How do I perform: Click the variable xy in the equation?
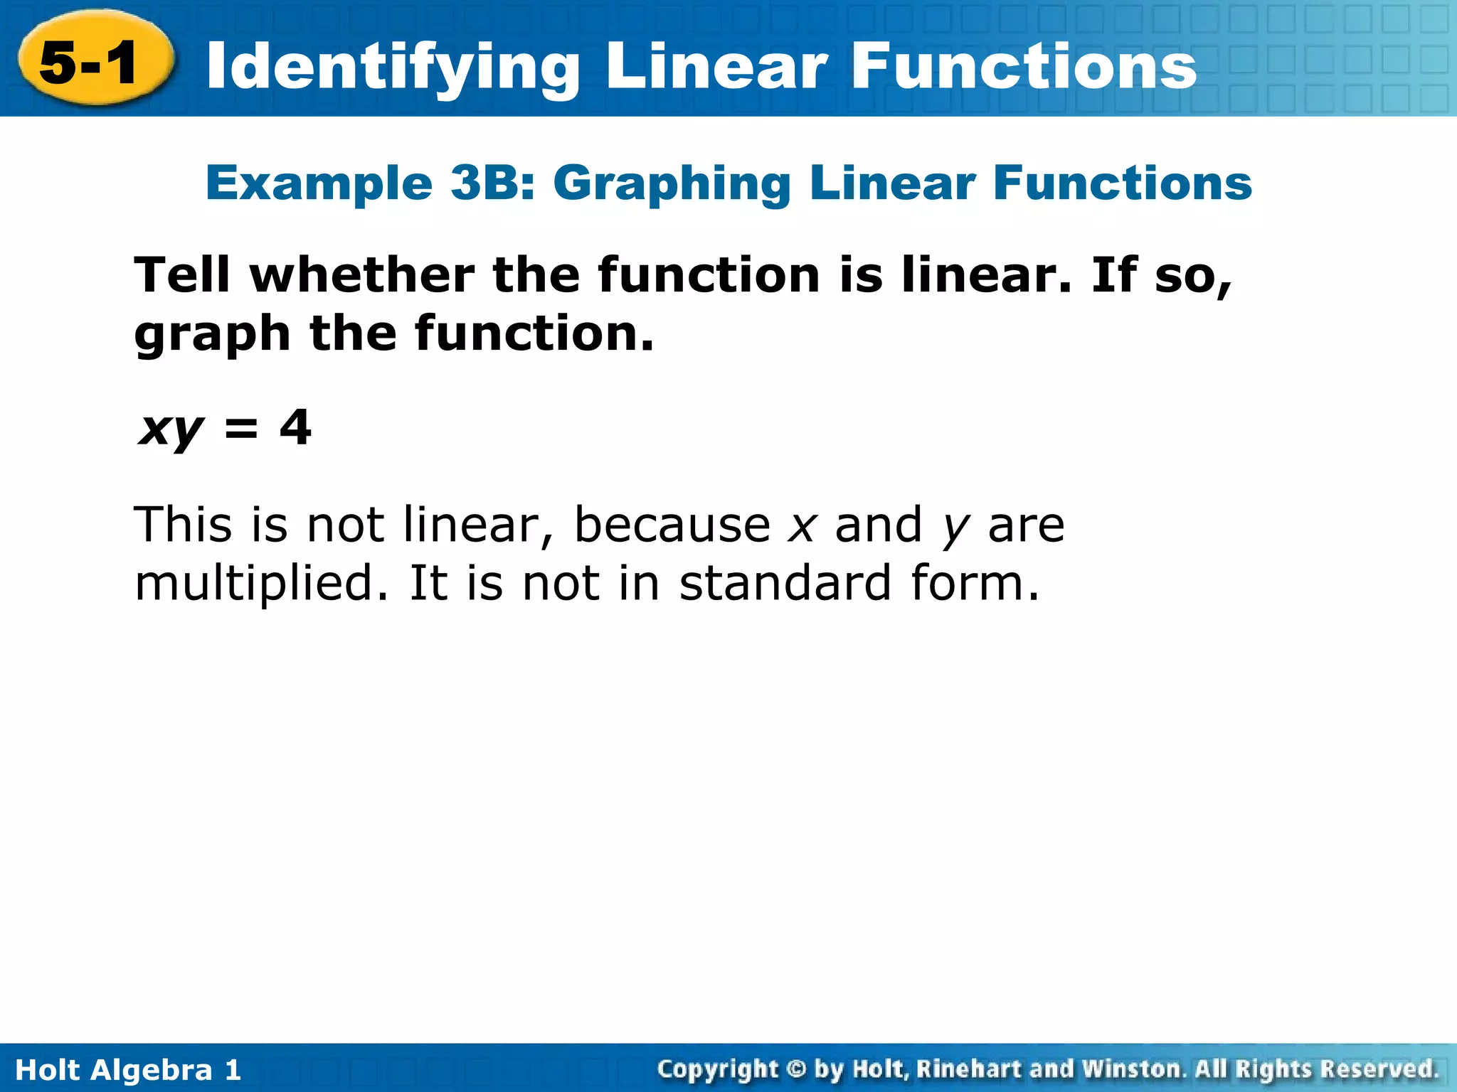point(171,429)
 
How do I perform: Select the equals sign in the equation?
point(241,429)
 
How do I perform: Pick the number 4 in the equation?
point(295,427)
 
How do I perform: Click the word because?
point(672,525)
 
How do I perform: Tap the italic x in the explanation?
point(802,526)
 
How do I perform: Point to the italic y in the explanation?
point(955,530)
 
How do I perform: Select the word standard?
point(785,583)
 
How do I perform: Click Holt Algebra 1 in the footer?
point(128,1069)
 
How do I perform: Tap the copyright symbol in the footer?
point(796,1069)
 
